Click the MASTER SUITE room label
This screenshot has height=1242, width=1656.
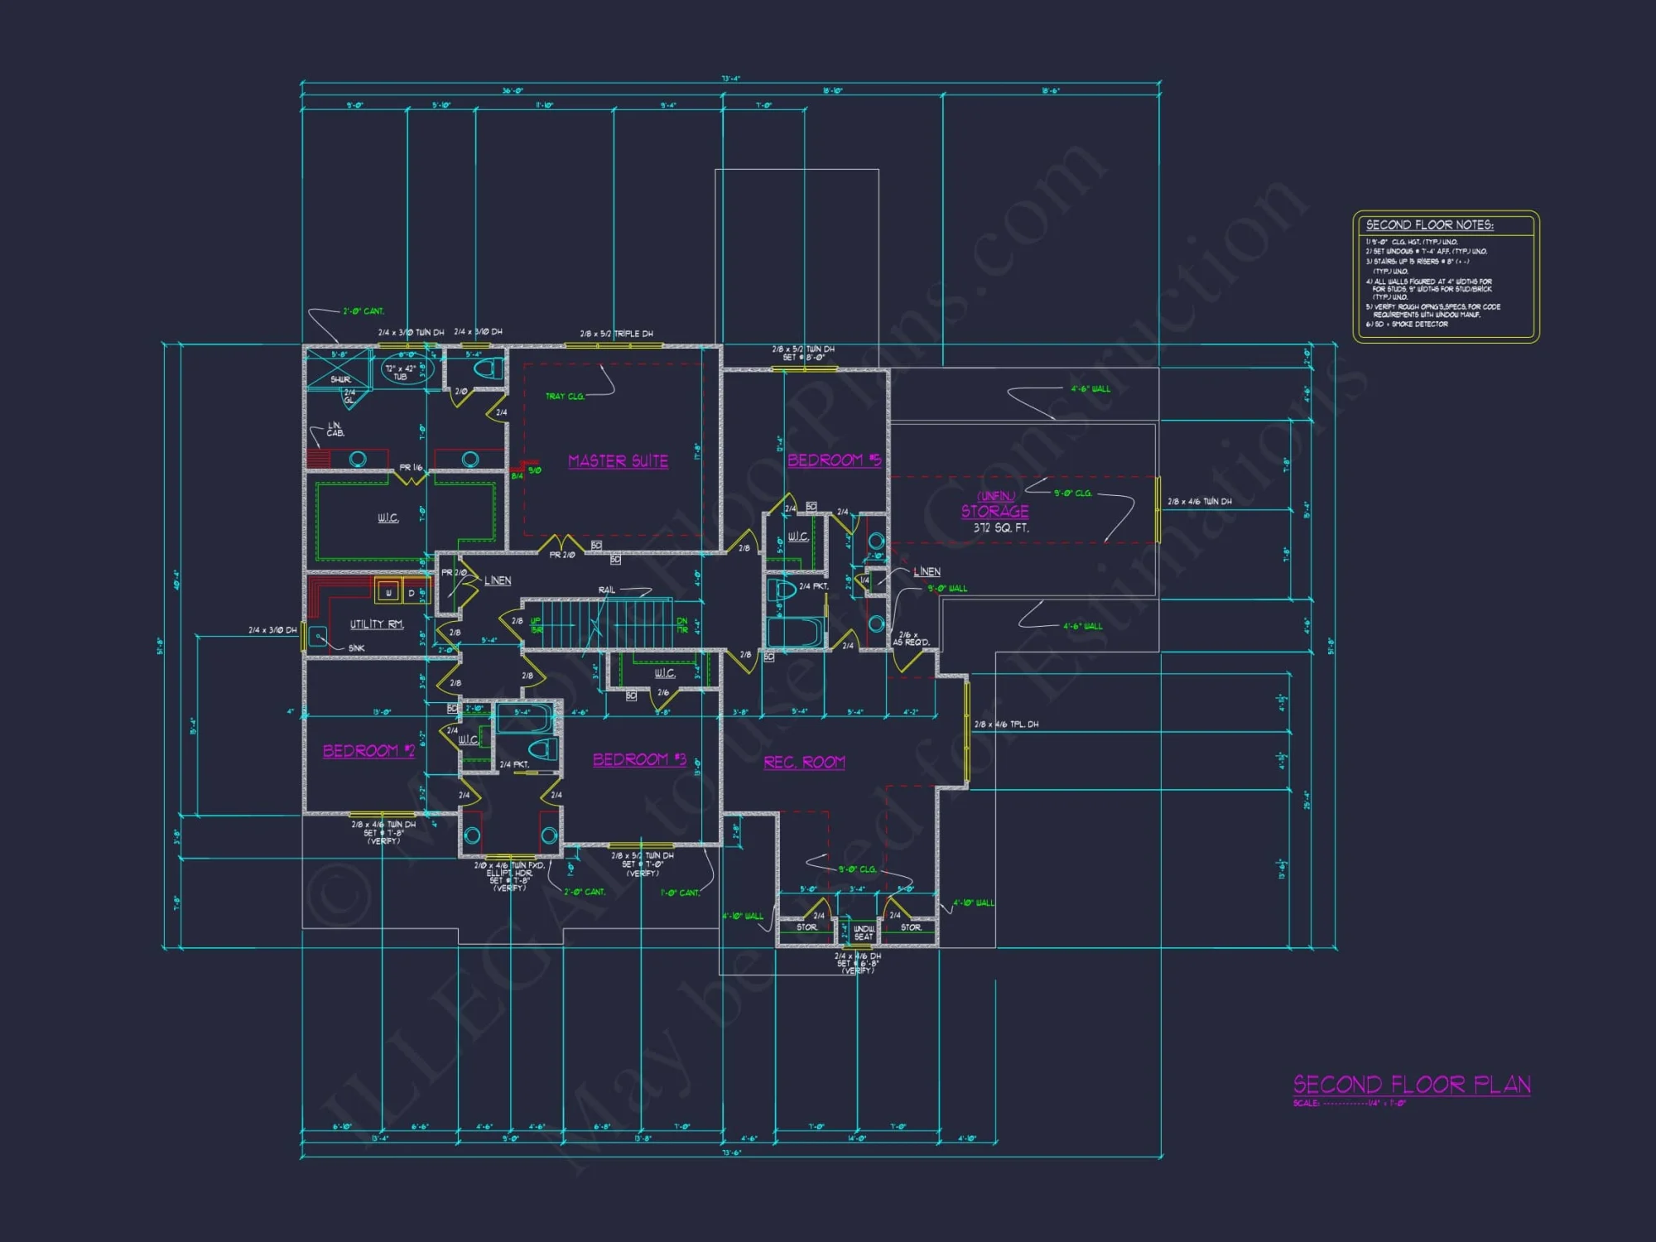pos(618,461)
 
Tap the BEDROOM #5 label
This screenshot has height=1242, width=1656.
pos(833,460)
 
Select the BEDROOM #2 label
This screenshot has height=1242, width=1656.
pos(368,751)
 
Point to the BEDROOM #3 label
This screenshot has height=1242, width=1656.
pos(639,759)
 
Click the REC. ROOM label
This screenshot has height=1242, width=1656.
pos(804,762)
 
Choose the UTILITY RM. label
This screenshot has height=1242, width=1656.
pos(376,624)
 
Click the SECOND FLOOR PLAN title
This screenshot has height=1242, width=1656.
pos(1412,1085)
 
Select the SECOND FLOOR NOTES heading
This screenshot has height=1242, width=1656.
pos(1429,225)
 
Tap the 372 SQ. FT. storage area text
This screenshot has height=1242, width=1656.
pos(1001,528)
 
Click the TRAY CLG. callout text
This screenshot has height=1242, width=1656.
pos(565,397)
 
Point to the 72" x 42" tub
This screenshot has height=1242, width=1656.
pos(401,372)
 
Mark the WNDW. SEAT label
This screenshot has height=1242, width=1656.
pos(864,933)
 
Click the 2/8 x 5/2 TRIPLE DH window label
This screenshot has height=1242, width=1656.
pos(616,334)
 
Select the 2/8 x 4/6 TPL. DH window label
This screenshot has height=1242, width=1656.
pos(1006,724)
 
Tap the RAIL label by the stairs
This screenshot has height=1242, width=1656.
pos(607,590)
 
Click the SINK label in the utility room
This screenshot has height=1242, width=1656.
pos(356,647)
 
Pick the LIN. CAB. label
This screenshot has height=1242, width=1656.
pos(335,429)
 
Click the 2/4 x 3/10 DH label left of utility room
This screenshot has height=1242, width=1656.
pos(272,630)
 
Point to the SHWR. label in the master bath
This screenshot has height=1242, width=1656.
pos(340,379)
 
